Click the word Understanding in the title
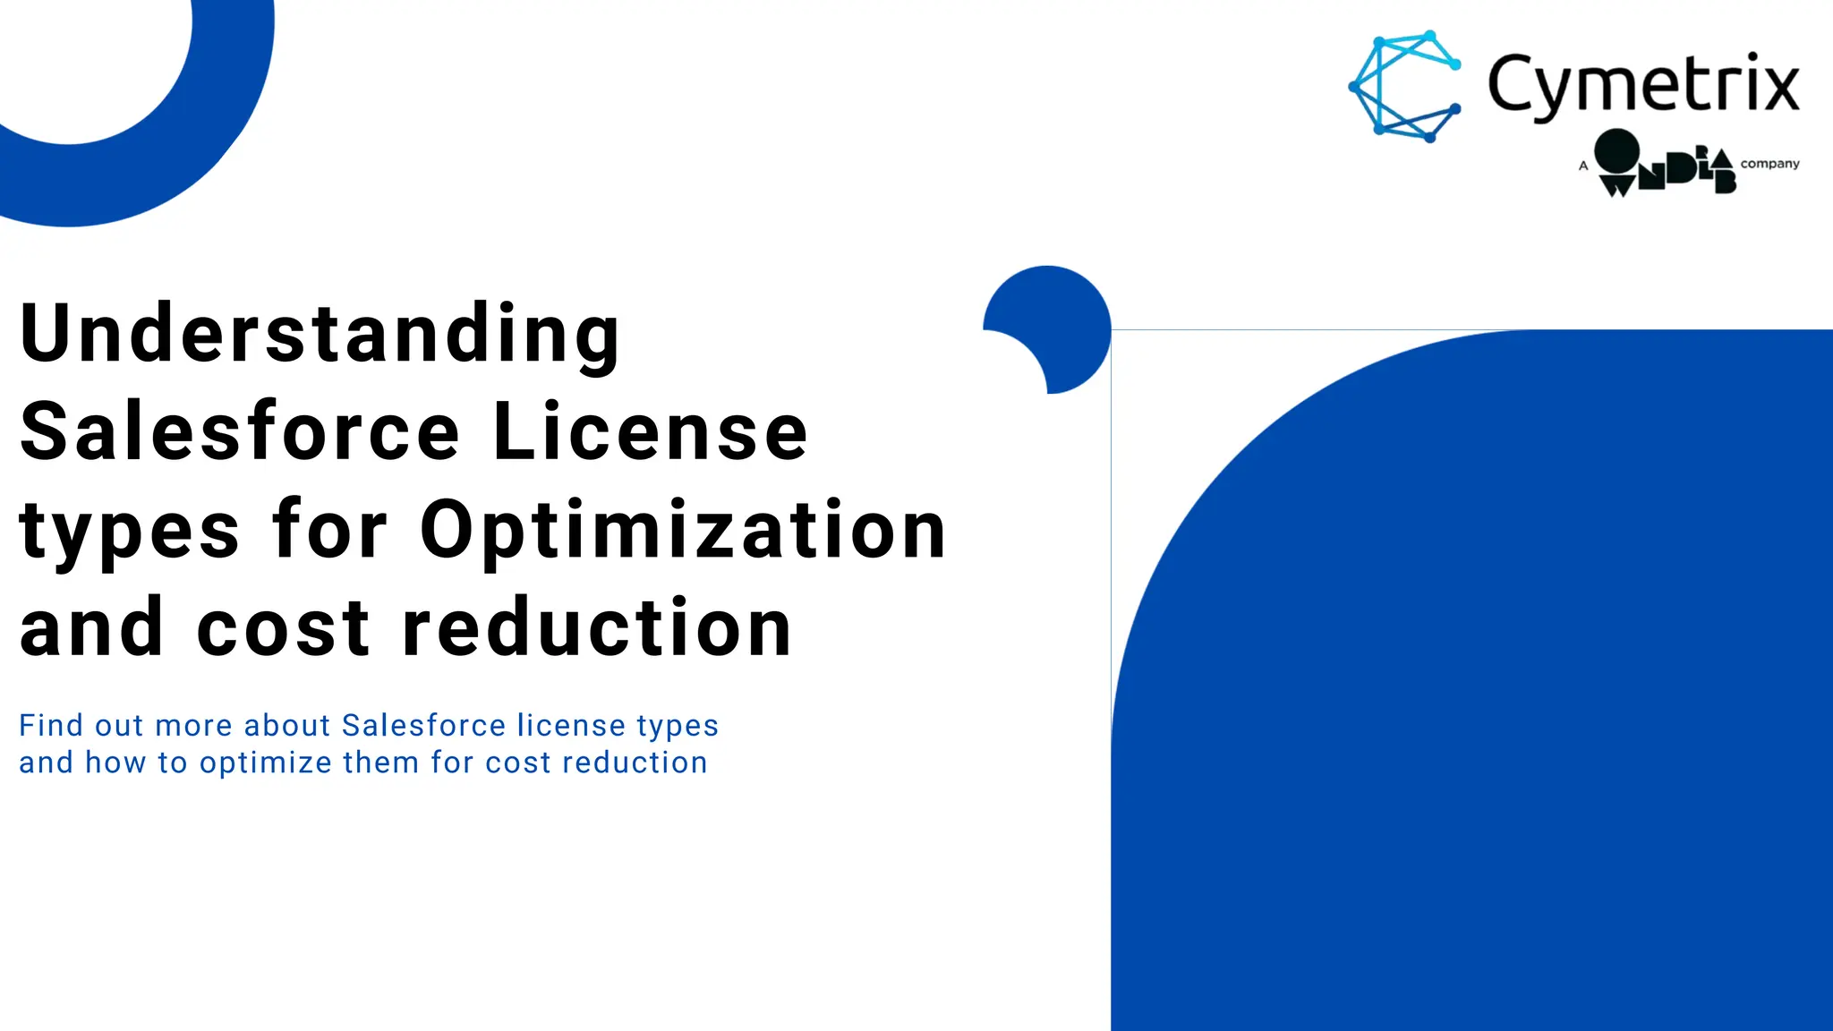click(320, 335)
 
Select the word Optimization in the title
click(683, 531)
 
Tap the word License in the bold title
click(651, 432)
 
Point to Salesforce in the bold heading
click(240, 432)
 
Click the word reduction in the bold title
click(597, 629)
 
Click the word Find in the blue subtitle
click(51, 725)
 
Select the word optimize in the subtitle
click(266, 763)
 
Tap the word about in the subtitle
click(286, 725)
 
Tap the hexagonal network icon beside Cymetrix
click(1405, 87)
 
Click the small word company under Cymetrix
click(1769, 164)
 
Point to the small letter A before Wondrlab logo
click(1583, 166)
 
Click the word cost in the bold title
click(283, 629)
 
